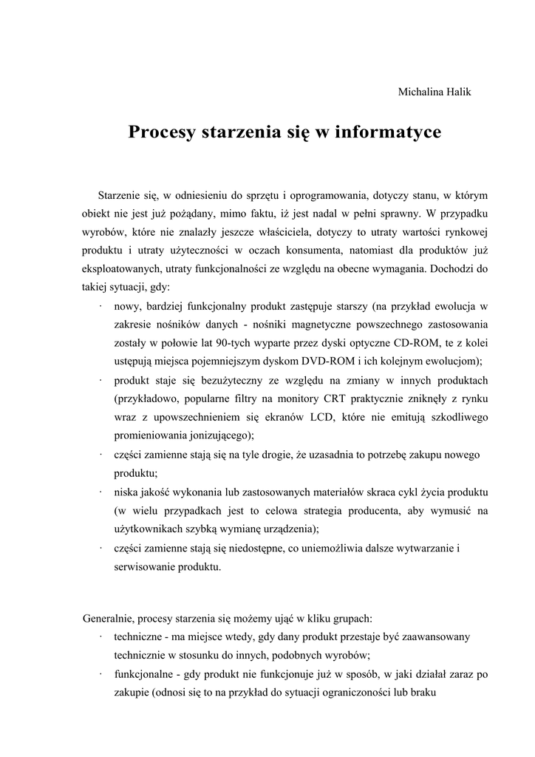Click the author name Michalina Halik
(435, 92)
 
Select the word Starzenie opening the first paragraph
(122, 195)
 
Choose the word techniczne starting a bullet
(139, 636)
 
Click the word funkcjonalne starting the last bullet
(145, 673)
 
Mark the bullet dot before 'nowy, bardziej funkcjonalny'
(99, 305)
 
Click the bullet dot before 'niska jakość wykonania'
(99, 491)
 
